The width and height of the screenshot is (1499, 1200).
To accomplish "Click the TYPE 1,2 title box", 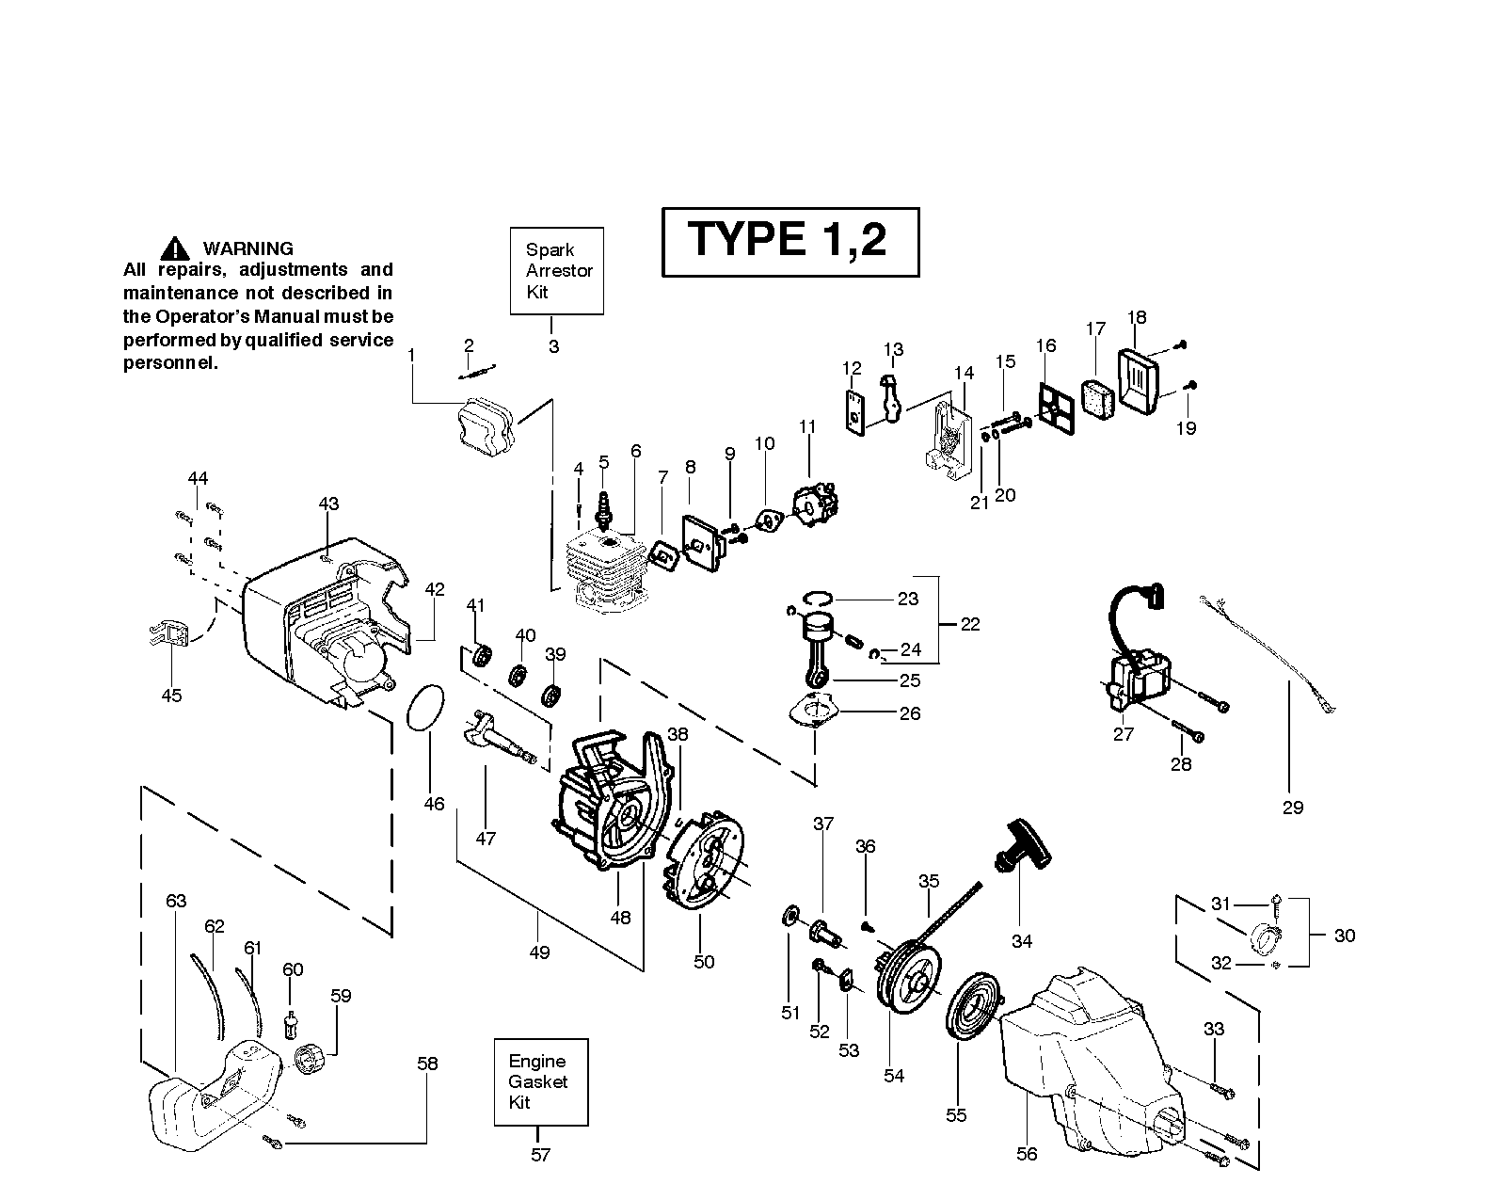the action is click(789, 242).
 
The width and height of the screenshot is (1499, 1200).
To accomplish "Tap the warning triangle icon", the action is click(174, 248).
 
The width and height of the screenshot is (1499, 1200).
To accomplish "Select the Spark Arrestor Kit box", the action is click(556, 270).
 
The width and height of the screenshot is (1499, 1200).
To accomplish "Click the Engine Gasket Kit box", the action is click(541, 1082).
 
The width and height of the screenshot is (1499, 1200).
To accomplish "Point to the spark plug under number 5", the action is click(604, 511).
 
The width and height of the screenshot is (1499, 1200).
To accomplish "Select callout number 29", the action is click(1293, 808).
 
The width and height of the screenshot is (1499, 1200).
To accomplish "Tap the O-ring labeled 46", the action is click(425, 708).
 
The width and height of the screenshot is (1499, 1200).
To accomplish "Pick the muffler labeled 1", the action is click(486, 427).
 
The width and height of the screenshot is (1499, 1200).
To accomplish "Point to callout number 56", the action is click(1027, 1154).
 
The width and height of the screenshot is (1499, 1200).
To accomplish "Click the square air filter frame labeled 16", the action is click(1056, 408).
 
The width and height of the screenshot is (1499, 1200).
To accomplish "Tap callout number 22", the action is click(970, 624).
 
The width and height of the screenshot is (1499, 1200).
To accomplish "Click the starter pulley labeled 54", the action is click(907, 976).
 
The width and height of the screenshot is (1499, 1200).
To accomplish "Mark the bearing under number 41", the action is click(482, 655).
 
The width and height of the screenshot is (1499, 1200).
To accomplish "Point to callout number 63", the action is click(176, 901).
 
